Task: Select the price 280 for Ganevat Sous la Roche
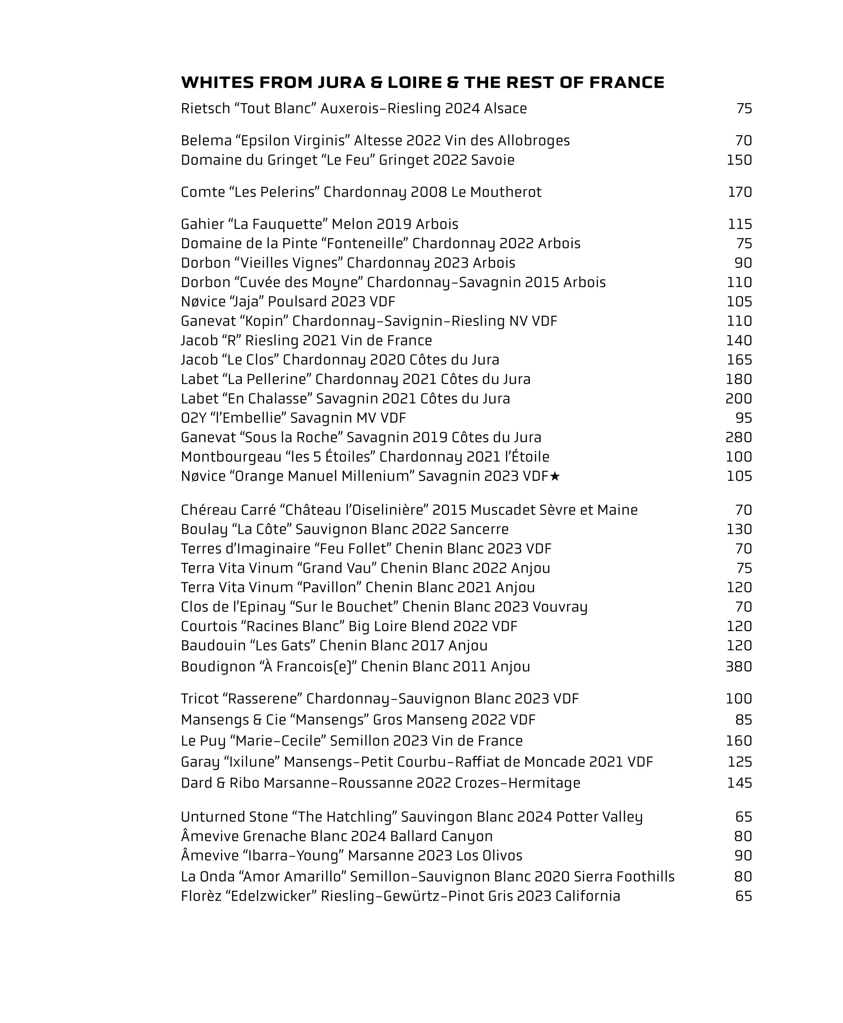pyautogui.click(x=738, y=437)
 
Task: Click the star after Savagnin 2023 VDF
pyautogui.click(x=555, y=476)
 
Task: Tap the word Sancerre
pyautogui.click(x=479, y=529)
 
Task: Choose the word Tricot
pyautogui.click(x=200, y=699)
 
